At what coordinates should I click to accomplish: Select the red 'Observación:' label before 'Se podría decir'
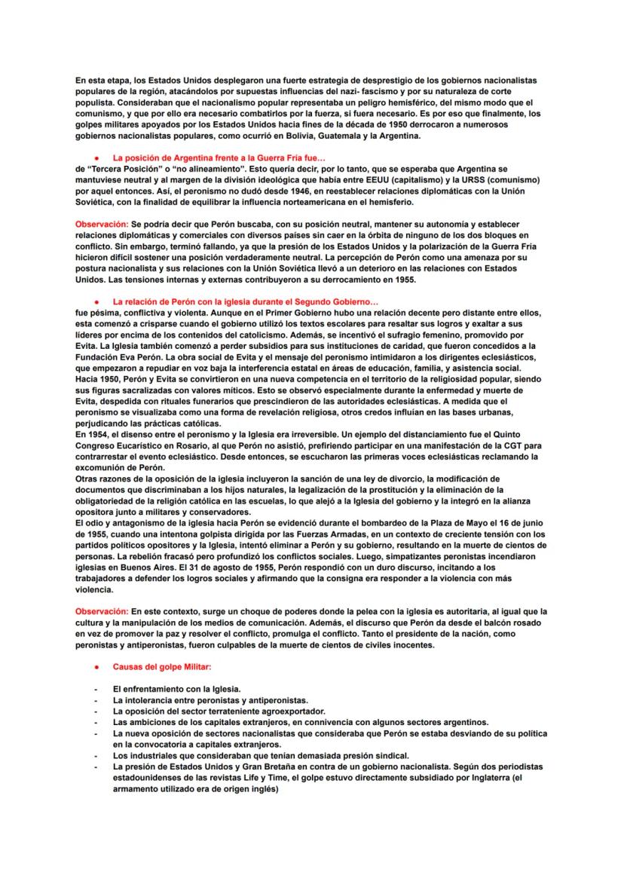(x=101, y=225)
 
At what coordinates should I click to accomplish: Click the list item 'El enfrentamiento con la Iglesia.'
(x=176, y=689)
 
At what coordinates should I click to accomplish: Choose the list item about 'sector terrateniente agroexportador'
(x=219, y=710)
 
